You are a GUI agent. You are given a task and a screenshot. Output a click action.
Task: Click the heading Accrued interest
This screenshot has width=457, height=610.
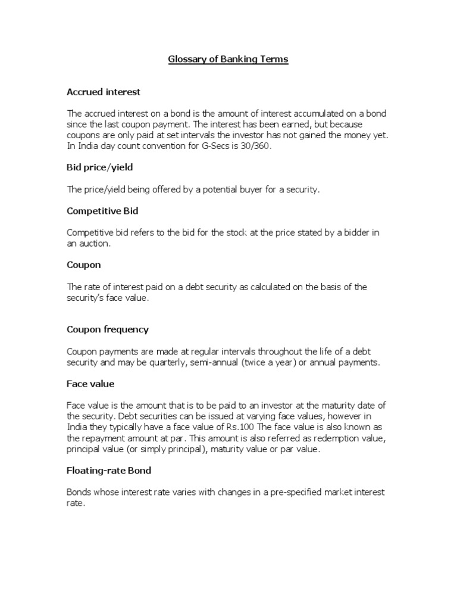(104, 92)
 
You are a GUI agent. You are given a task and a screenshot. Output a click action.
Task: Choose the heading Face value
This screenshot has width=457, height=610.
(90, 384)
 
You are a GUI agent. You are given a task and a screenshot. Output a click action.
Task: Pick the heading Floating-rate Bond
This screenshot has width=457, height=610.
(109, 471)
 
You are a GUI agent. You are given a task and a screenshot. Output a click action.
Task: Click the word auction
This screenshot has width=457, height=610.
(92, 244)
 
